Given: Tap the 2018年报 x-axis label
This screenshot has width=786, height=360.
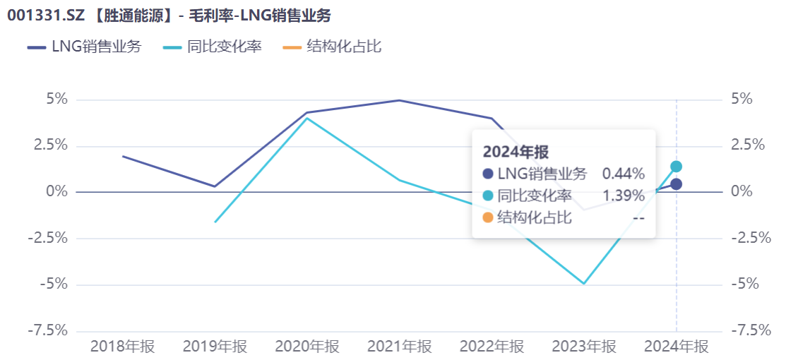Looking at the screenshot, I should [x=123, y=347].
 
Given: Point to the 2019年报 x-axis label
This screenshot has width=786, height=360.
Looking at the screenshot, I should [x=215, y=347].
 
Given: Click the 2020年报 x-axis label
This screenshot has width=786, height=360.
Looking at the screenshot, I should [x=307, y=347].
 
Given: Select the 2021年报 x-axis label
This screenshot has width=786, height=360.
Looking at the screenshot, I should [x=399, y=347].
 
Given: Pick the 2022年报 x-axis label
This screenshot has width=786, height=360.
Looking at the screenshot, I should [x=492, y=347].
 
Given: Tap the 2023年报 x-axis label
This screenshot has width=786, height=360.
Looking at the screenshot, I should [x=584, y=347].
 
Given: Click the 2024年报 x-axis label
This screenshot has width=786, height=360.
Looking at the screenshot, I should [x=676, y=347].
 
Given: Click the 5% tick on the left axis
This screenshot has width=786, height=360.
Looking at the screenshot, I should [x=56, y=99].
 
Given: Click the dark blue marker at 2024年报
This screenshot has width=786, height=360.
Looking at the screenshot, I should [x=676, y=184].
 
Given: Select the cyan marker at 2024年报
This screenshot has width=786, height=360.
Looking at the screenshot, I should [x=676, y=167].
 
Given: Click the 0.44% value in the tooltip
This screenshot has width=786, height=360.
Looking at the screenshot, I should [x=623, y=174].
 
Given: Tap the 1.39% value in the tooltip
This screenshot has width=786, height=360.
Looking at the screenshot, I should [x=623, y=196].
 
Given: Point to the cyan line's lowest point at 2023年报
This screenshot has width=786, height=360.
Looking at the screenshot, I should [x=584, y=284].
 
